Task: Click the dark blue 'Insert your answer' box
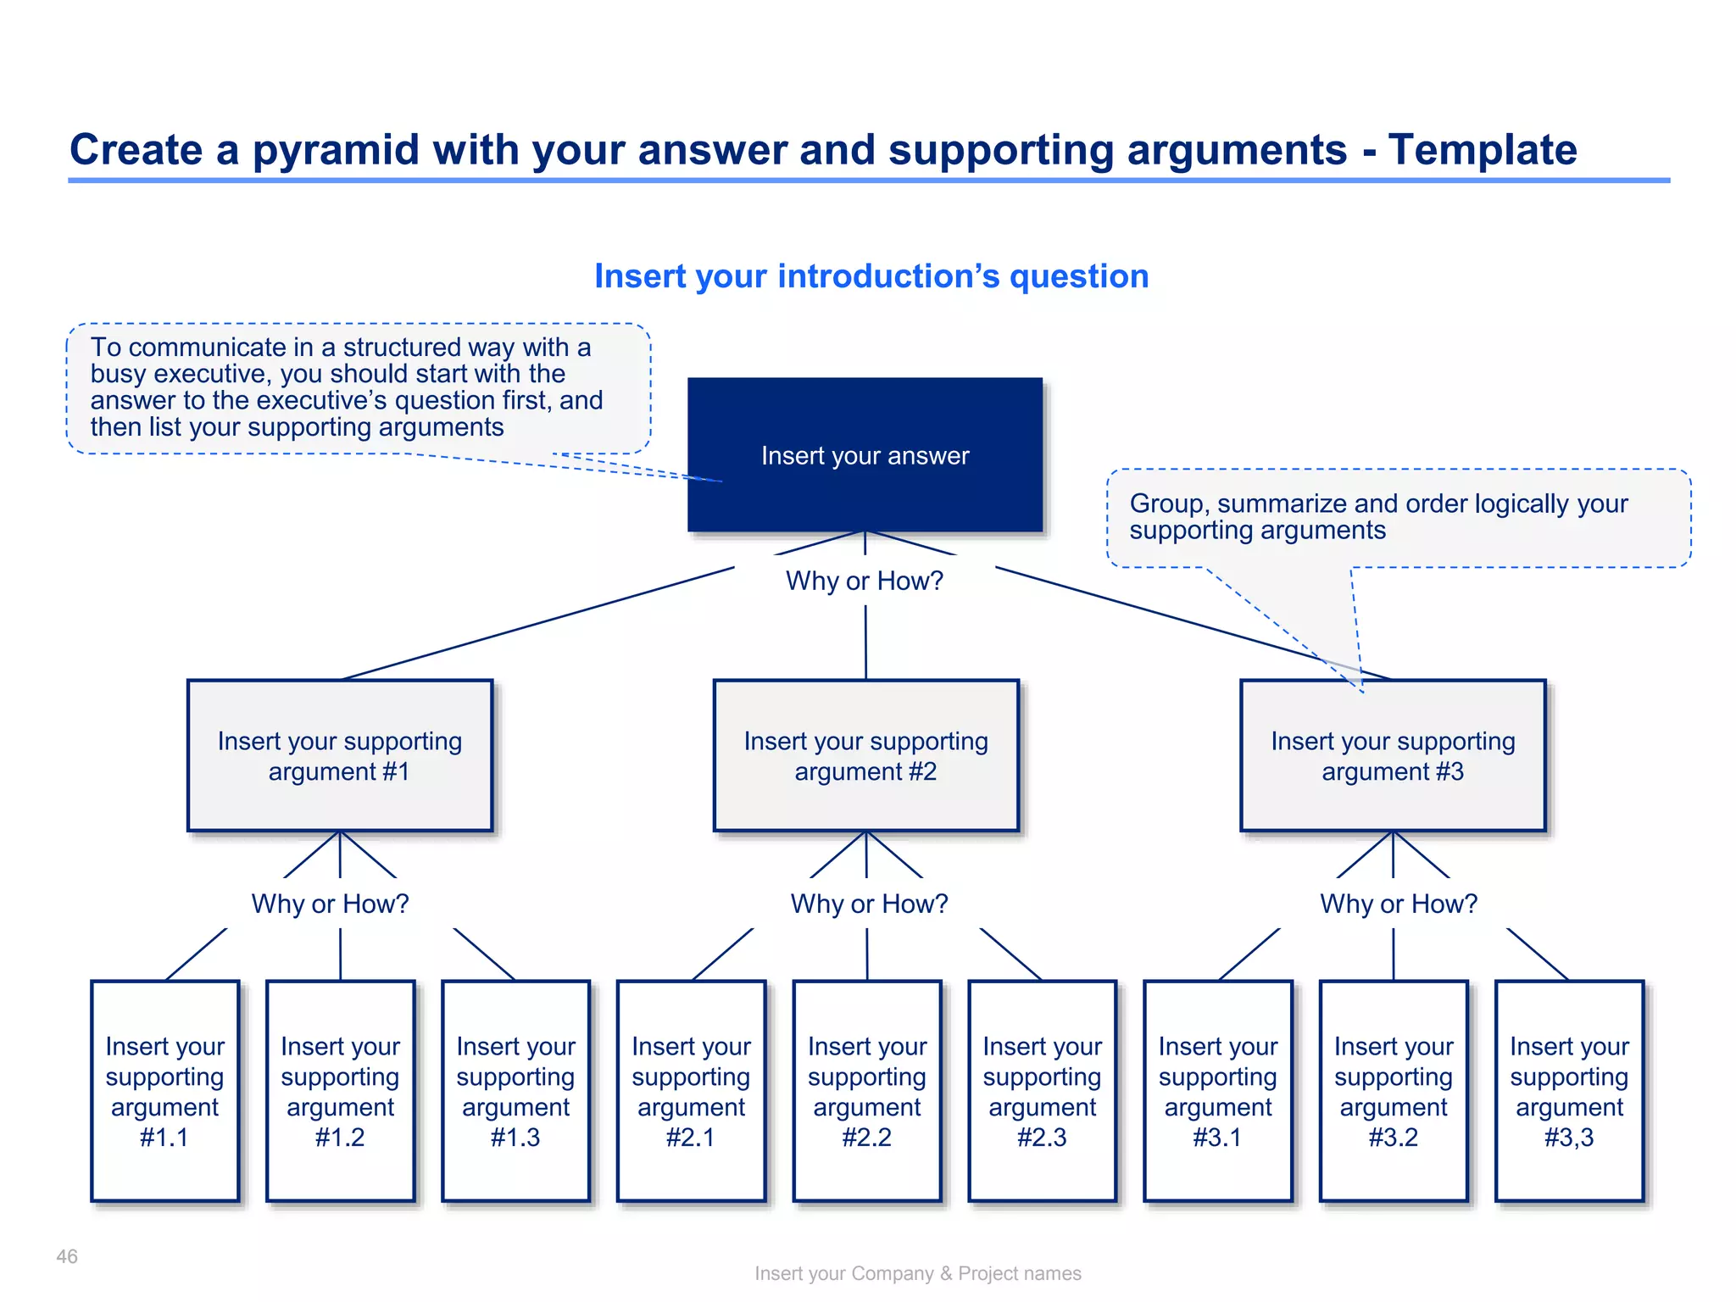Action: point(865,455)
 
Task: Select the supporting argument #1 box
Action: point(339,755)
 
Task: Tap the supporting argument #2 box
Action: point(865,755)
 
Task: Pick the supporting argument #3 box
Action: point(1393,755)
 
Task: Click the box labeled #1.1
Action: point(164,1091)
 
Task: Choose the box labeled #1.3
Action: point(515,1091)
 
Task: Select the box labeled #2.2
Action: point(866,1091)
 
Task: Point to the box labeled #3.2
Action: point(1394,1091)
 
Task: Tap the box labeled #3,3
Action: point(1569,1091)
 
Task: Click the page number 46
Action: point(67,1256)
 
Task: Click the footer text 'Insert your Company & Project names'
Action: point(917,1273)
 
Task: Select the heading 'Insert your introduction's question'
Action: point(871,276)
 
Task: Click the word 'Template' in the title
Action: point(1482,150)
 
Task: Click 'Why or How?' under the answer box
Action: point(864,581)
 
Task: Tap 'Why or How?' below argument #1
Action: point(330,904)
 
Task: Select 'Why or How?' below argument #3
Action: point(1399,904)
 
